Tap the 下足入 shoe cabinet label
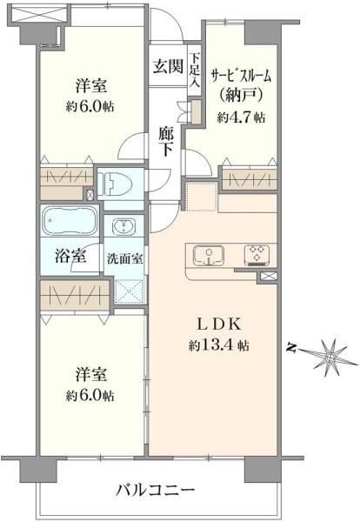tap(195, 71)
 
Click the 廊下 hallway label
tap(167, 142)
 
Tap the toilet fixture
tap(115, 184)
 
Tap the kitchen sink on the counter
tap(209, 256)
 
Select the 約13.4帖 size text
tap(218, 345)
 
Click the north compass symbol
tap(327, 353)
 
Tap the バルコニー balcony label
tap(156, 491)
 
